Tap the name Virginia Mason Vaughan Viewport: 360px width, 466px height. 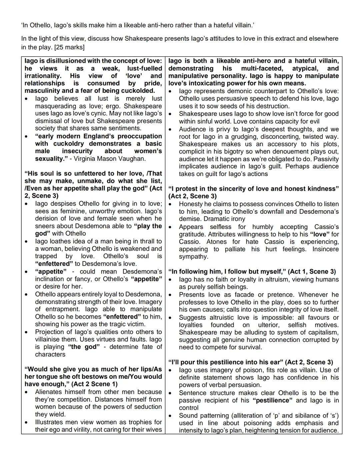(110, 159)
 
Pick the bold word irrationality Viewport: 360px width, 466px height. (43, 76)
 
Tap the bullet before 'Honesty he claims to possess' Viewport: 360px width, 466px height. (170, 204)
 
